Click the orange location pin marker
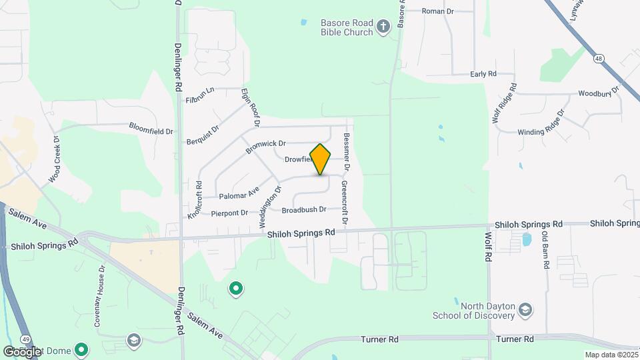[321, 159]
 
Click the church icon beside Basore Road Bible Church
[383, 27]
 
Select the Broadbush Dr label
[303, 209]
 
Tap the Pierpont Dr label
[229, 213]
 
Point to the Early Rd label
[483, 74]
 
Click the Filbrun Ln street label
[200, 95]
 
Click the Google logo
[21, 351]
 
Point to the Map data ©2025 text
[610, 355]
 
